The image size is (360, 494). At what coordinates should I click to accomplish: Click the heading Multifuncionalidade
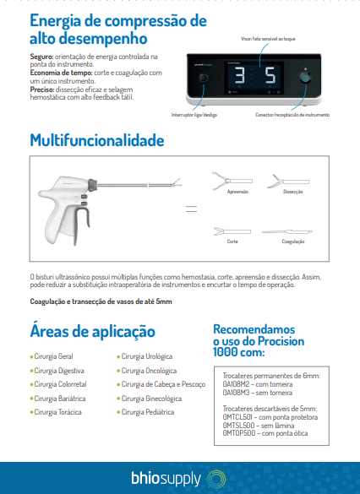coord(97,141)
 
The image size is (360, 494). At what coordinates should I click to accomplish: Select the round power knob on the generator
coord(203,79)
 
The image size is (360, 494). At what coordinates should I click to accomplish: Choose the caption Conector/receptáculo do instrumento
coord(293,113)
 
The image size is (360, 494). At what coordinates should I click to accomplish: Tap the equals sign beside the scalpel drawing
coord(190,208)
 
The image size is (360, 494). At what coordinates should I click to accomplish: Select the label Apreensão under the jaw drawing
coord(237,192)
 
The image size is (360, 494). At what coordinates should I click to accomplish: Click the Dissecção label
coord(292,192)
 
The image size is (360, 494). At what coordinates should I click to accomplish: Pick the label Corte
coord(232,241)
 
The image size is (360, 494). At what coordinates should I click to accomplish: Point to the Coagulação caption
coord(292,241)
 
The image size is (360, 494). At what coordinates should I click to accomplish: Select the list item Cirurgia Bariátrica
coord(57,398)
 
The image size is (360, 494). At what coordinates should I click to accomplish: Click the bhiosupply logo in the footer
coord(175,479)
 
